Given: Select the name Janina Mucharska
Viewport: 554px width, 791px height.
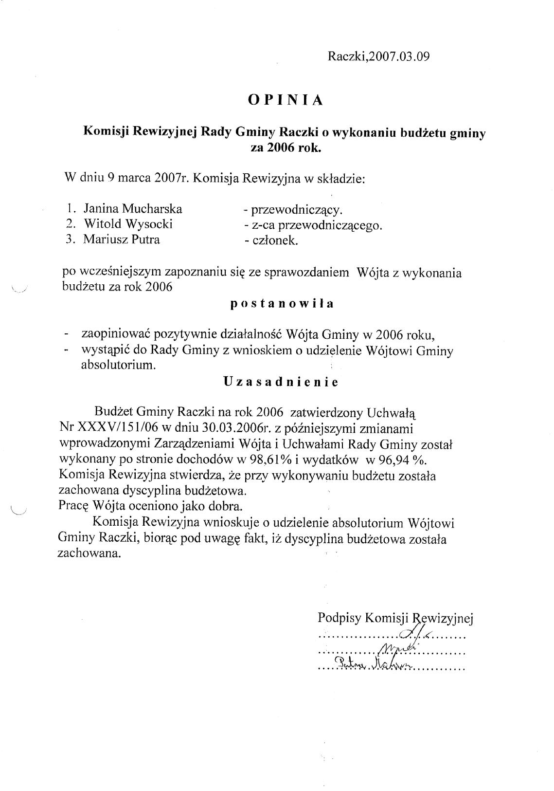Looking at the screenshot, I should click(x=133, y=209).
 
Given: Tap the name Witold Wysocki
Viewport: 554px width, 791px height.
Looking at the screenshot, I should click(x=128, y=224).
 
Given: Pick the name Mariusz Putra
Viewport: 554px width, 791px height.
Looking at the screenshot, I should click(x=122, y=239).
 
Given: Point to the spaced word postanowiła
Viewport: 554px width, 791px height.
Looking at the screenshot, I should click(x=282, y=304).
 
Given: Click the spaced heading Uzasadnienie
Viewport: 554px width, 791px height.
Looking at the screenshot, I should click(x=281, y=382).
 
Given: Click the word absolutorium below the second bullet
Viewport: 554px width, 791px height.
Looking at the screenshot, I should click(x=118, y=366).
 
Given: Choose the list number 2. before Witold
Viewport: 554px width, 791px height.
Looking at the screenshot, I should click(x=71, y=224).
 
